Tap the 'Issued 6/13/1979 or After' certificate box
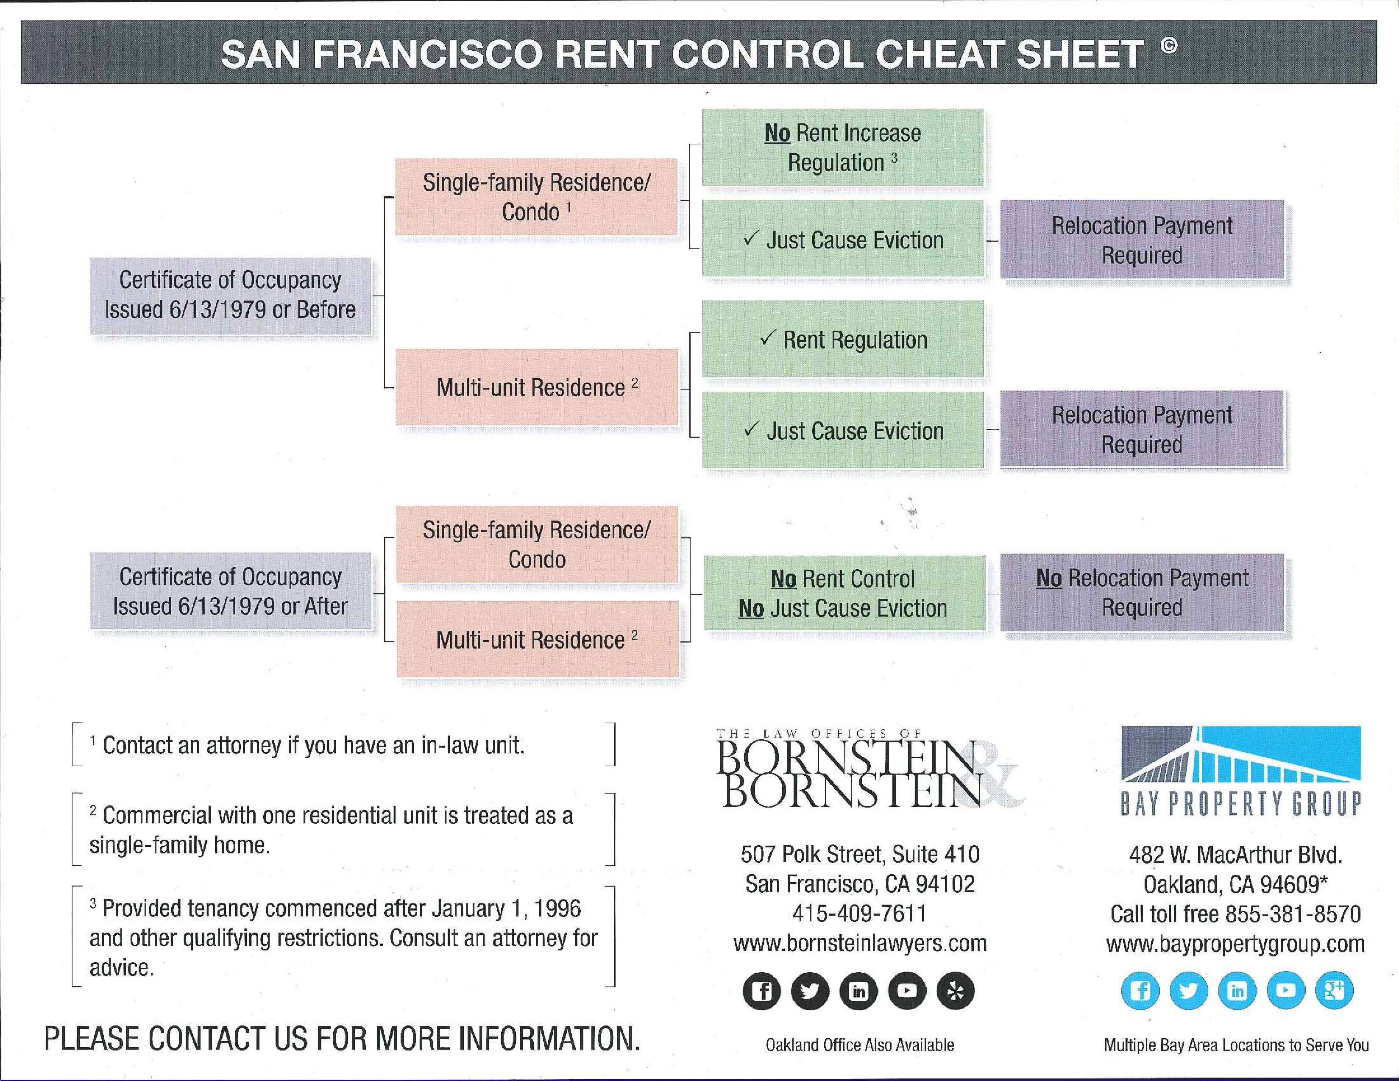click(230, 591)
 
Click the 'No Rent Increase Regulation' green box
click(842, 147)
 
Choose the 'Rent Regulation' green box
click(842, 339)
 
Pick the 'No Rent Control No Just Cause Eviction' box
click(844, 593)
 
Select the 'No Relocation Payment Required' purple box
click(1142, 592)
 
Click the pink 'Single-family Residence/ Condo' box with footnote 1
click(536, 197)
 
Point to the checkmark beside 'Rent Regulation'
click(767, 337)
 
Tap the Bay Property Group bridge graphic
click(1241, 754)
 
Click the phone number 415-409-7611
click(860, 913)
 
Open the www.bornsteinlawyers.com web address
click(860, 943)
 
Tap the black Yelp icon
click(955, 991)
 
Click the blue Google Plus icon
click(1334, 990)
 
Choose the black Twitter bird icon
click(810, 991)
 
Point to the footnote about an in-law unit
click(307, 745)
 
